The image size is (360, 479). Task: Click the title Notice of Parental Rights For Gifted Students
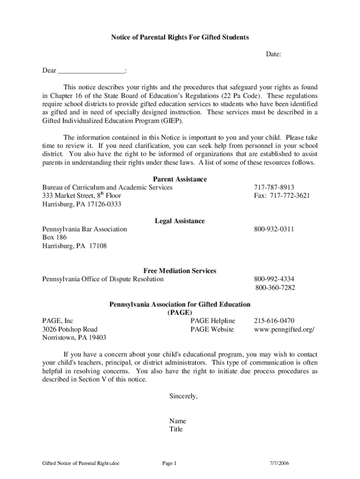tap(180, 37)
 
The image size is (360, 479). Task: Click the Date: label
tap(274, 55)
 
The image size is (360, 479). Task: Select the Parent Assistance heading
tap(180, 179)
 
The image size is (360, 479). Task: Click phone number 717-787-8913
tap(274, 187)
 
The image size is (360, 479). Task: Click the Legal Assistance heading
tap(180, 221)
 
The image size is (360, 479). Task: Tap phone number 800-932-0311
tap(274, 229)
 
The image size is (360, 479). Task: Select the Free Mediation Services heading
tap(180, 271)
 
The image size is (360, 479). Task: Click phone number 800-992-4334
tap(274, 279)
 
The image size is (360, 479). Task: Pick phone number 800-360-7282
tap(275, 288)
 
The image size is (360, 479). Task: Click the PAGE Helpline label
tap(212, 321)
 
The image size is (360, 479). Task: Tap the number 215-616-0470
tap(274, 321)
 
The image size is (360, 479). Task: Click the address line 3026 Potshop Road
tap(70, 329)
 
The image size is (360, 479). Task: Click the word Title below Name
tap(176, 429)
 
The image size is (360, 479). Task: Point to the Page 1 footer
tap(169, 464)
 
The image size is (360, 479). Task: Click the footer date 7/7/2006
tap(279, 464)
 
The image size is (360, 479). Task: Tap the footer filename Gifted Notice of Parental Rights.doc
tap(81, 464)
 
